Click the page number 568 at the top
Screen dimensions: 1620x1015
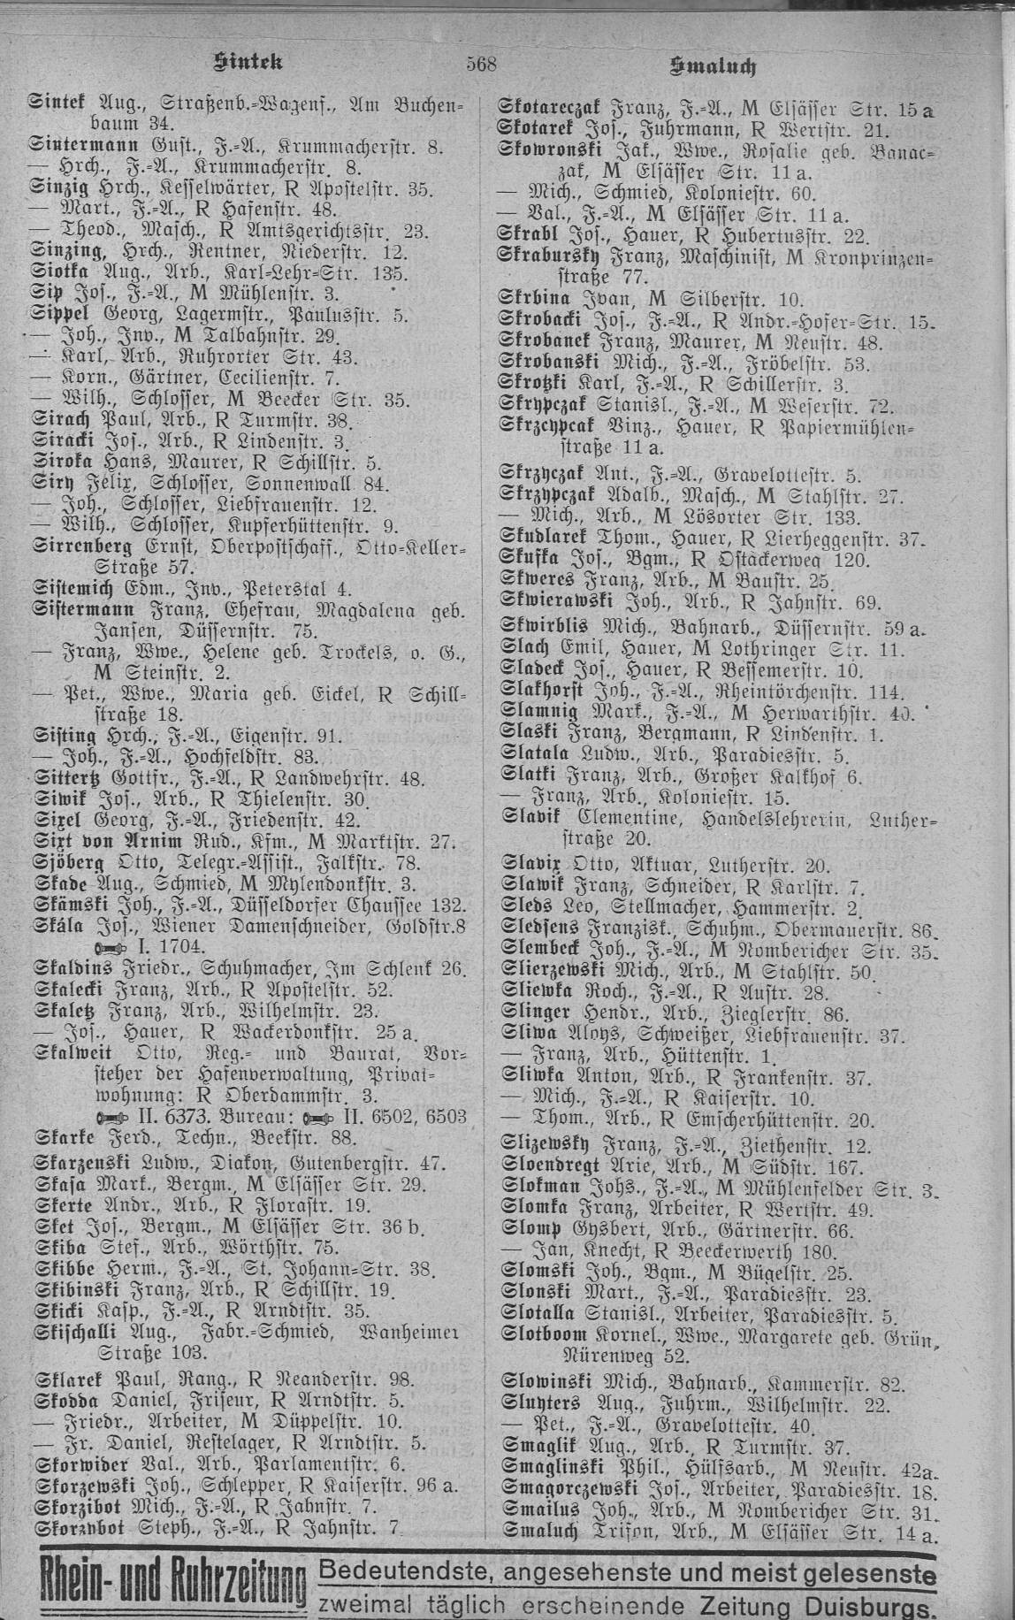pyautogui.click(x=483, y=63)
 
